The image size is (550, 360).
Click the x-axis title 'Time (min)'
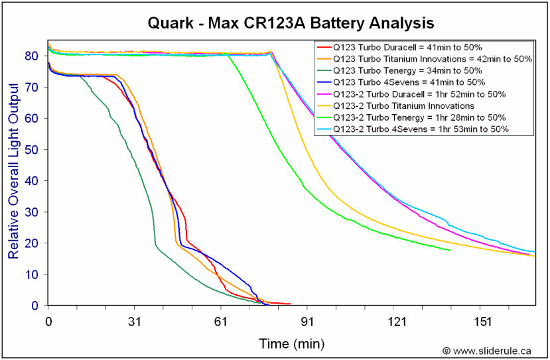(x=291, y=343)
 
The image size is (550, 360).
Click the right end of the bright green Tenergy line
(x=450, y=250)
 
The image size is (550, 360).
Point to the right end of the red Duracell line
(x=291, y=304)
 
